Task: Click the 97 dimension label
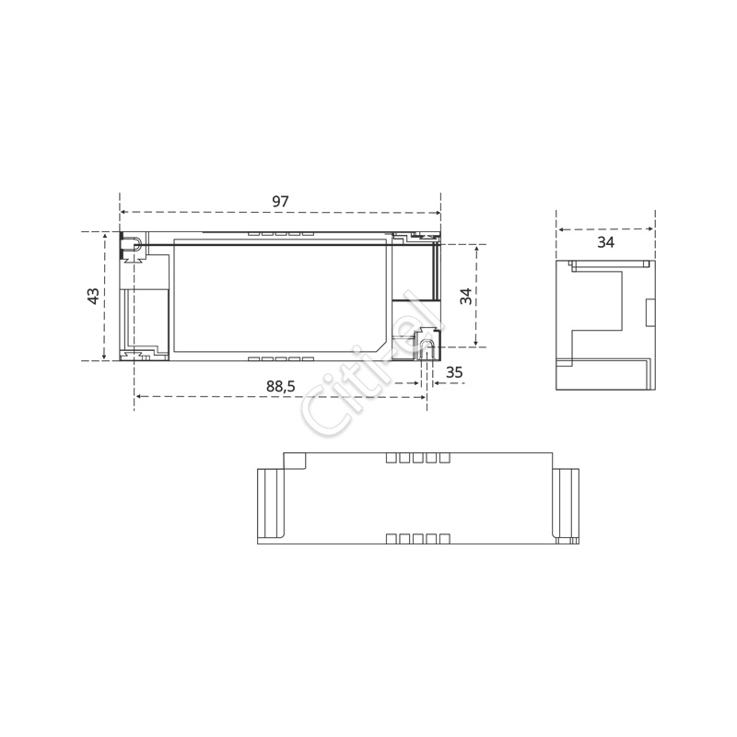point(280,201)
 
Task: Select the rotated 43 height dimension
point(94,296)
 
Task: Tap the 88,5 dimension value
point(281,386)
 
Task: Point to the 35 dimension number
point(454,372)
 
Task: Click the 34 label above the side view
point(605,242)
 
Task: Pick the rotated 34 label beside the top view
point(466,296)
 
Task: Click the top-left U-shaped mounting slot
point(133,245)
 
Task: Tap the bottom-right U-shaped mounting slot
point(427,349)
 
